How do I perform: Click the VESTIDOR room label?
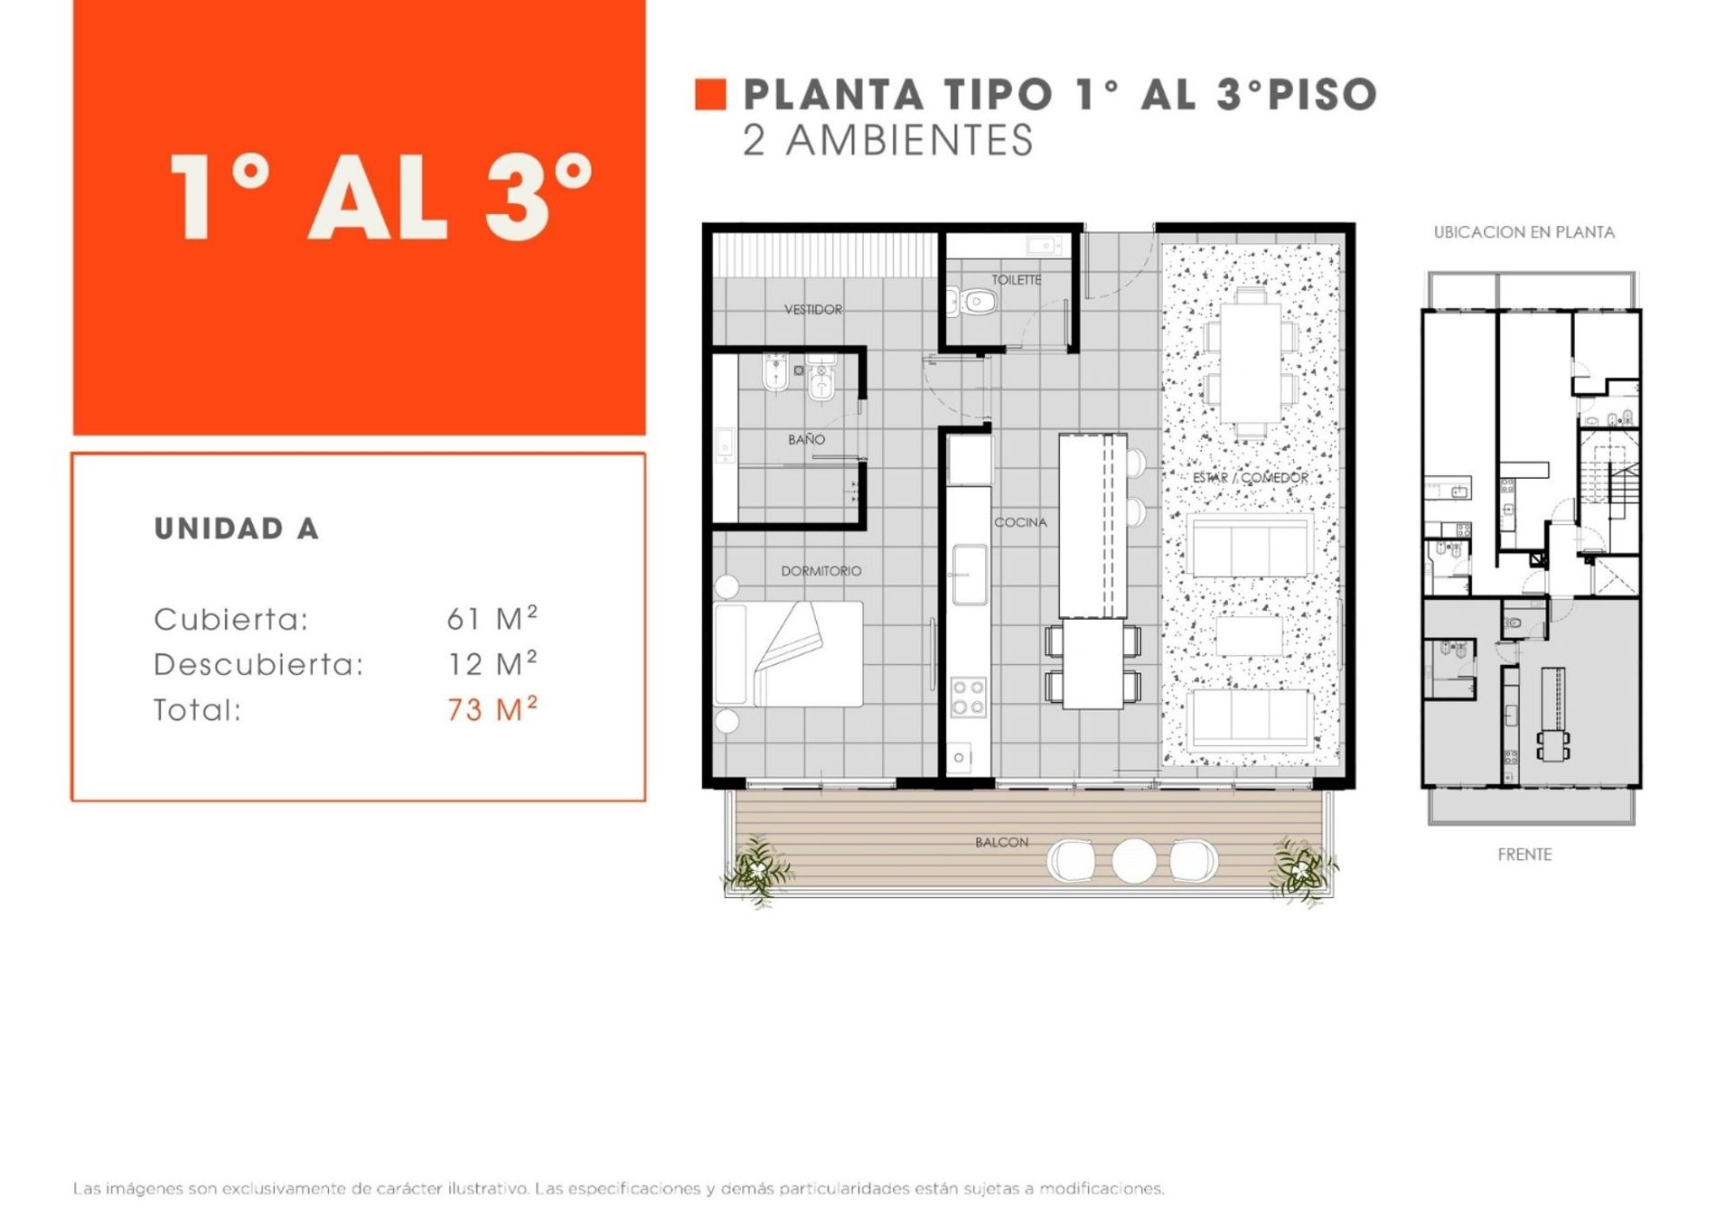(813, 309)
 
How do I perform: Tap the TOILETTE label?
(1017, 280)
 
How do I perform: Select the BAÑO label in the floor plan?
(806, 439)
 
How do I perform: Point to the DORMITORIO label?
(821, 571)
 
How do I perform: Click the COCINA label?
(1020, 522)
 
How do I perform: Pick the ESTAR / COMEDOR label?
(1251, 477)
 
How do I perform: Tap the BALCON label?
(1001, 842)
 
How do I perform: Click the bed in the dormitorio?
(788, 654)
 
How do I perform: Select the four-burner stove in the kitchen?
(968, 697)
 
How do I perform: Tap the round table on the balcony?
(1133, 860)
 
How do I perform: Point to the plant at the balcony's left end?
(756, 869)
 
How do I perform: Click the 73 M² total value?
(492, 709)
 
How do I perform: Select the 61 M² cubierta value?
(492, 618)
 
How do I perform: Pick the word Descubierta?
(258, 665)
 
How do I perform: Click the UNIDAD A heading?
(237, 529)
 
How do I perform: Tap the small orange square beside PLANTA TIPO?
(710, 95)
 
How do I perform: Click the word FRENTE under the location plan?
(1524, 855)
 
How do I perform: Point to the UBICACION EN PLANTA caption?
(1524, 232)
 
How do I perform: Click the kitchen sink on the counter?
(969, 574)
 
